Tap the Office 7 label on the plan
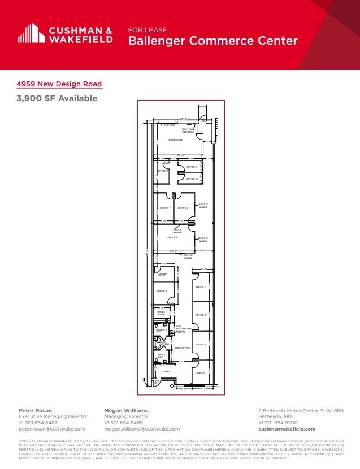[x=164, y=209]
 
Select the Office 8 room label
[x=183, y=209]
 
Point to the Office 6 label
[x=172, y=238]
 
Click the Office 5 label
[x=162, y=292]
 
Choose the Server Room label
[x=162, y=275]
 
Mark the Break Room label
[x=161, y=314]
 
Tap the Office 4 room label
[x=201, y=288]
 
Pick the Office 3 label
[x=201, y=315]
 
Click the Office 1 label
[x=201, y=374]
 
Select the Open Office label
[x=181, y=348]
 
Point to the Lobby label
[x=166, y=371]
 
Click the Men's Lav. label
[x=162, y=356]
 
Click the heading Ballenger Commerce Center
[x=212, y=41]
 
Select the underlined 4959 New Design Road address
[x=59, y=84]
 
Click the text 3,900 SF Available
[x=57, y=98]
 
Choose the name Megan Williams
[x=125, y=410]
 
